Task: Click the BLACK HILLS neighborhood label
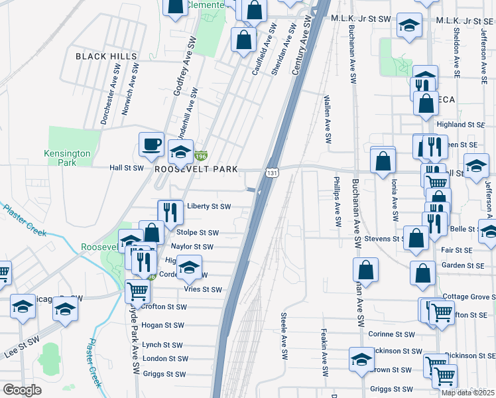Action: pos(101,56)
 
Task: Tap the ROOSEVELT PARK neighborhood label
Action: pos(196,169)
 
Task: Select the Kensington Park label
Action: pos(67,158)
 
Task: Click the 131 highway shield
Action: pos(272,172)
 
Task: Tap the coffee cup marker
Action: pos(151,144)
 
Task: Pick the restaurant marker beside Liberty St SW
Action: pos(170,212)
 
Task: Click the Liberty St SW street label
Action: pos(208,206)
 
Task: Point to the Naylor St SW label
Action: pos(192,247)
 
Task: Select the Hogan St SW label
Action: pos(162,326)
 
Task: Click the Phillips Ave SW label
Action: pos(338,200)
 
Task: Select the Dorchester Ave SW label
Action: pos(104,94)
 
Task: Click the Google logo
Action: pos(23,390)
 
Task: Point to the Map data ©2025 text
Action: pos(467,393)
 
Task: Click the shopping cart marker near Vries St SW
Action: pos(137,291)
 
